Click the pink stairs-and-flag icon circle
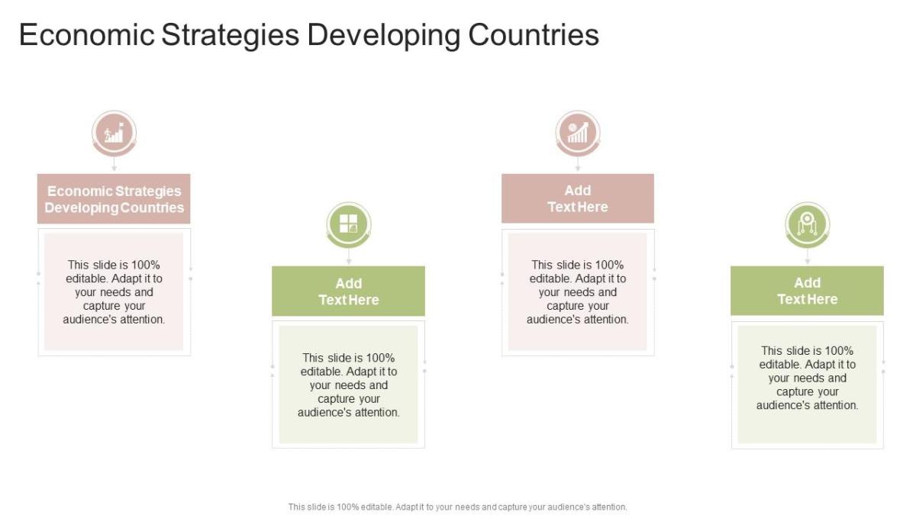click(114, 134)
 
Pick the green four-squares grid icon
click(348, 224)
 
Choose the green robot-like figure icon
click(807, 224)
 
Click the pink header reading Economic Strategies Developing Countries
click(114, 198)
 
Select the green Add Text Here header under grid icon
click(348, 291)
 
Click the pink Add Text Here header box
click(578, 198)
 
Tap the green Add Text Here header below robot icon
click(807, 291)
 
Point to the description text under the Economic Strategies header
click(114, 292)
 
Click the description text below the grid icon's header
click(348, 385)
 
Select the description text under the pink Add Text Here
click(578, 292)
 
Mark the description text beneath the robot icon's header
click(807, 378)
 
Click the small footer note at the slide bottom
click(457, 507)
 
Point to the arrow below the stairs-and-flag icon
click(114, 163)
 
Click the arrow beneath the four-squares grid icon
click(348, 257)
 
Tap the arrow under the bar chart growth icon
click(578, 163)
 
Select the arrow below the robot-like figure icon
click(807, 257)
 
